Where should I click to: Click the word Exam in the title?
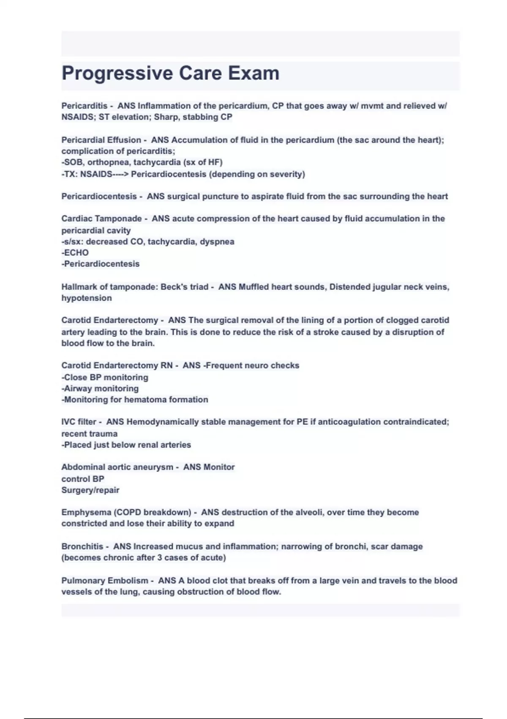pos(253,73)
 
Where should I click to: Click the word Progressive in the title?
pos(117,73)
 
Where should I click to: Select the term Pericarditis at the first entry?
pos(84,106)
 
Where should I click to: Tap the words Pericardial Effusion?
pos(101,140)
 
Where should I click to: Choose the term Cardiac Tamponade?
pos(101,219)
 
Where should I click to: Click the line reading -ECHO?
pos(75,253)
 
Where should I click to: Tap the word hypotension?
pos(87,298)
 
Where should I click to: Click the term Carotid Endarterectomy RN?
pos(117,365)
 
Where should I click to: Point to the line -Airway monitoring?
pos(100,388)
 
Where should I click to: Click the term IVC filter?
pos(79,422)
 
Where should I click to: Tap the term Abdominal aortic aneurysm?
pos(117,467)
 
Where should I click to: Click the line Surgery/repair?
pos(90,490)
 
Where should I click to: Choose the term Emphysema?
pos(86,513)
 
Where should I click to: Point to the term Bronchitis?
pos(82,546)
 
